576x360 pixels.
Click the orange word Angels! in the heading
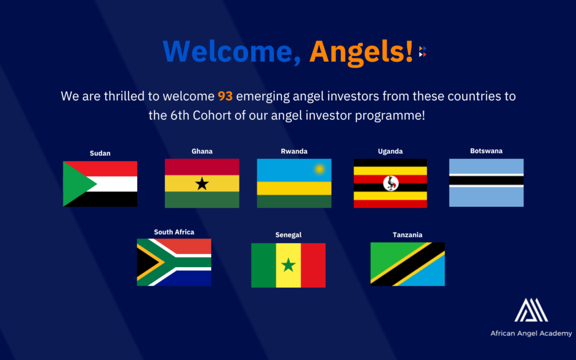coord(362,51)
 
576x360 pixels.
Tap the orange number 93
coord(225,97)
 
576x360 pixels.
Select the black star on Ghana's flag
coord(202,184)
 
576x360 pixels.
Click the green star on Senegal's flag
coord(289,265)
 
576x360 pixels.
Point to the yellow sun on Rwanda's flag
coord(319,169)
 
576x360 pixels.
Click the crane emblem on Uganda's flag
coord(390,183)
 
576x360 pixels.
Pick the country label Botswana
coord(486,151)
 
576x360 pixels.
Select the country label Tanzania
coord(407,235)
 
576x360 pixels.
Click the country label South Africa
coord(174,232)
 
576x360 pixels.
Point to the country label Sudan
coord(100,153)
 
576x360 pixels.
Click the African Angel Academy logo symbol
coord(531,311)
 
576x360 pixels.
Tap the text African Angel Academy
coord(531,333)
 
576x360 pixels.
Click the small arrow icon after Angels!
coord(422,51)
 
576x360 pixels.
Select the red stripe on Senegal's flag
coord(313,265)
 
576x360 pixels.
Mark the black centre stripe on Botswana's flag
coord(486,180)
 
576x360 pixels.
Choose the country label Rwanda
coord(294,151)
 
